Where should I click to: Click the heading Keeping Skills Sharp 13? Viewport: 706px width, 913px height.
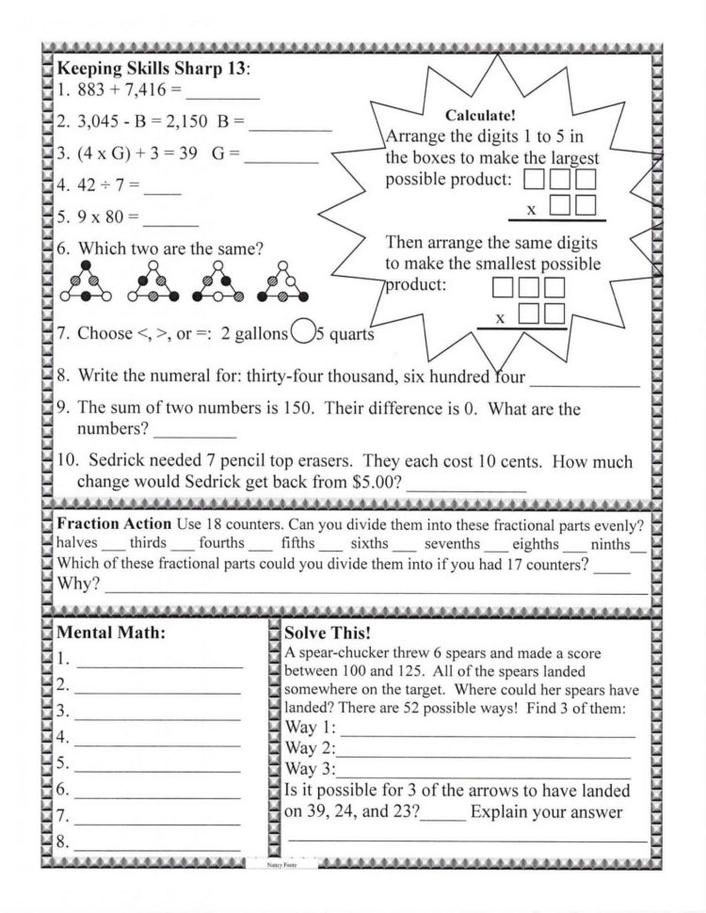click(154, 70)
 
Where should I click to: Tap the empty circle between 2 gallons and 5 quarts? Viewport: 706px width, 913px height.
click(303, 332)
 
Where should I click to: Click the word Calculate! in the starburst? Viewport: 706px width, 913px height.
click(479, 116)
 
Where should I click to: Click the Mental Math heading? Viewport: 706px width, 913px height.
click(111, 633)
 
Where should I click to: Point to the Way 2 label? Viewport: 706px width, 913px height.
click(309, 749)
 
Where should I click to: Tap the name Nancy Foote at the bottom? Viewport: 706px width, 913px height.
click(281, 861)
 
